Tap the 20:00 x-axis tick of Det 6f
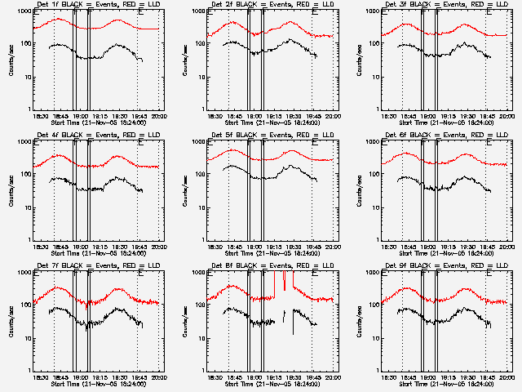(507, 246)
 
